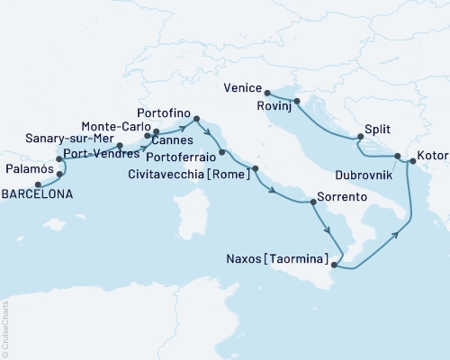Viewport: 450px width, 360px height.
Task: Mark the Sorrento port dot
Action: [312, 201]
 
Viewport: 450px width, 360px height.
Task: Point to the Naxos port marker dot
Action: [335, 265]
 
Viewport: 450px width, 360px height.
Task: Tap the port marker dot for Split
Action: [360, 138]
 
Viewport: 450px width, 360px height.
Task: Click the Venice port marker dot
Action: [268, 92]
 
